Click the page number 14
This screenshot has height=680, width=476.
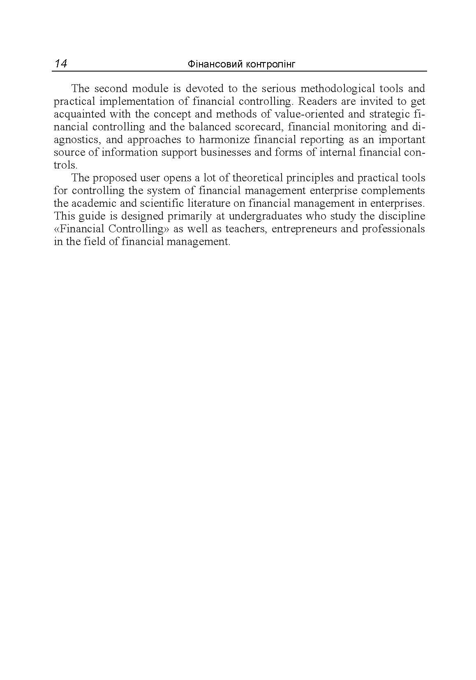(x=61, y=64)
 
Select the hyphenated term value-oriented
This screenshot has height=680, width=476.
(x=311, y=114)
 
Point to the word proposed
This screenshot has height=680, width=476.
(x=115, y=178)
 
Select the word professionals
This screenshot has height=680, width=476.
(x=393, y=229)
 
